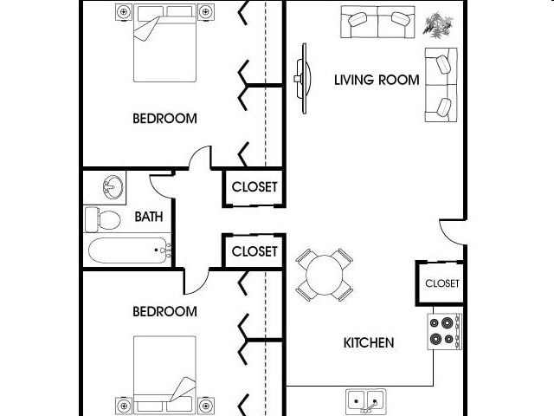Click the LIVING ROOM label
tap(377, 81)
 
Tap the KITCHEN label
tap(369, 342)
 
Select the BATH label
tap(149, 217)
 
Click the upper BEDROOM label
tap(164, 119)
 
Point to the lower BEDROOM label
tap(164, 310)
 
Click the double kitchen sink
tap(366, 401)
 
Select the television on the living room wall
tap(300, 78)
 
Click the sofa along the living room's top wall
tap(377, 22)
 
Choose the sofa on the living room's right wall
tap(441, 84)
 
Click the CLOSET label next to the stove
tap(441, 283)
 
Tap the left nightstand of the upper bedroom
tap(123, 12)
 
